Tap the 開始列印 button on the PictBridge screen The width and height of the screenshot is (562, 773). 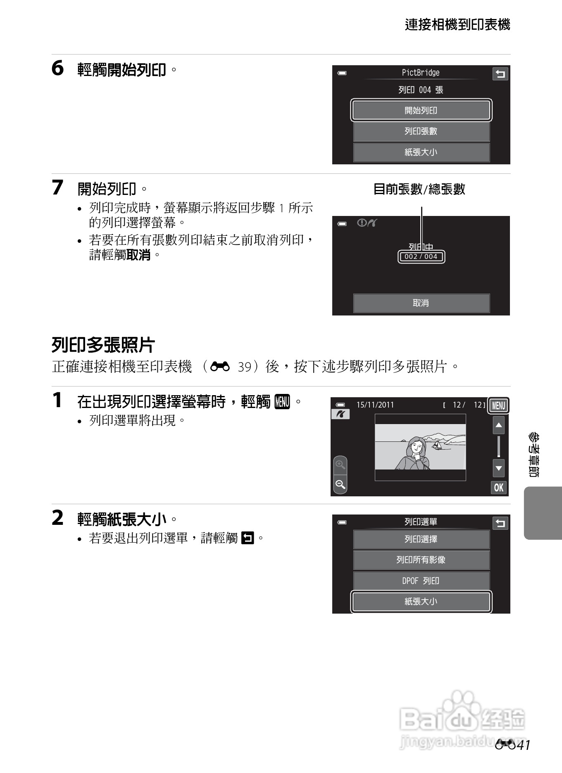click(x=421, y=110)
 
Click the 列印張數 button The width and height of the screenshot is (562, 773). click(x=421, y=131)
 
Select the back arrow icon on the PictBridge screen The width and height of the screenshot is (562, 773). click(x=500, y=74)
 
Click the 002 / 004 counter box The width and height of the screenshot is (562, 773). click(x=421, y=256)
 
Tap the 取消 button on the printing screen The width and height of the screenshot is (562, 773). click(x=421, y=303)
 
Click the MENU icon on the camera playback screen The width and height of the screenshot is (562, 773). click(x=498, y=405)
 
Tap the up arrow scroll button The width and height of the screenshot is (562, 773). click(x=499, y=425)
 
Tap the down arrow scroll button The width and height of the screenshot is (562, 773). click(x=499, y=468)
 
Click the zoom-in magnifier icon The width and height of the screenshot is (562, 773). click(x=340, y=465)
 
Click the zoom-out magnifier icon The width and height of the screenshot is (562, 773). click(x=340, y=484)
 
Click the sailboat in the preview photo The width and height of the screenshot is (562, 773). click(x=437, y=445)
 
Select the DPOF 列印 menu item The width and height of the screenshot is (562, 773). click(x=421, y=581)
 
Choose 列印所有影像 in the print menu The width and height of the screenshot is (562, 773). click(x=421, y=560)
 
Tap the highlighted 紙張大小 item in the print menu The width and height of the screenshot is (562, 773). click(x=421, y=602)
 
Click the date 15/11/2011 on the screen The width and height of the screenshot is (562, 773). click(x=375, y=405)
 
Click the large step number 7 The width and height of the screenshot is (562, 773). click(x=57, y=187)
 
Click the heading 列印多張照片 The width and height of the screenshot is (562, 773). click(x=103, y=345)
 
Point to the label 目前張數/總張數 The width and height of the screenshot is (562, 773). click(x=419, y=190)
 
